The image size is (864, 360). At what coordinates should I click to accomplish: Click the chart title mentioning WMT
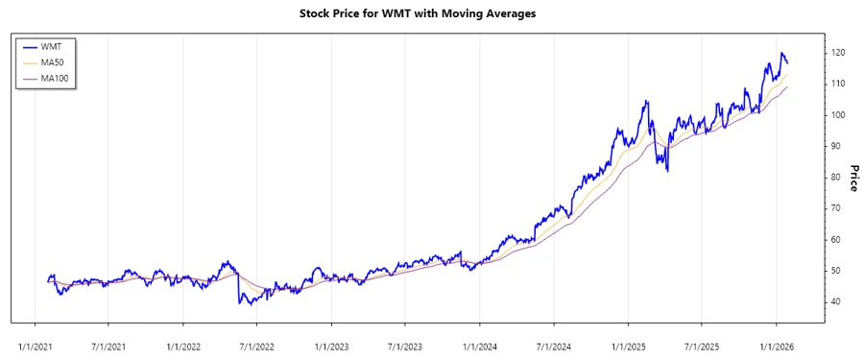pos(431,14)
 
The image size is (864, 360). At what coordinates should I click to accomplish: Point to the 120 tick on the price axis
pos(838,53)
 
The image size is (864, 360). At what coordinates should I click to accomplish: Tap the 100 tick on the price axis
pos(838,115)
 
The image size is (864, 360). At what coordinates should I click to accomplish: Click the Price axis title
pos(853,178)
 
